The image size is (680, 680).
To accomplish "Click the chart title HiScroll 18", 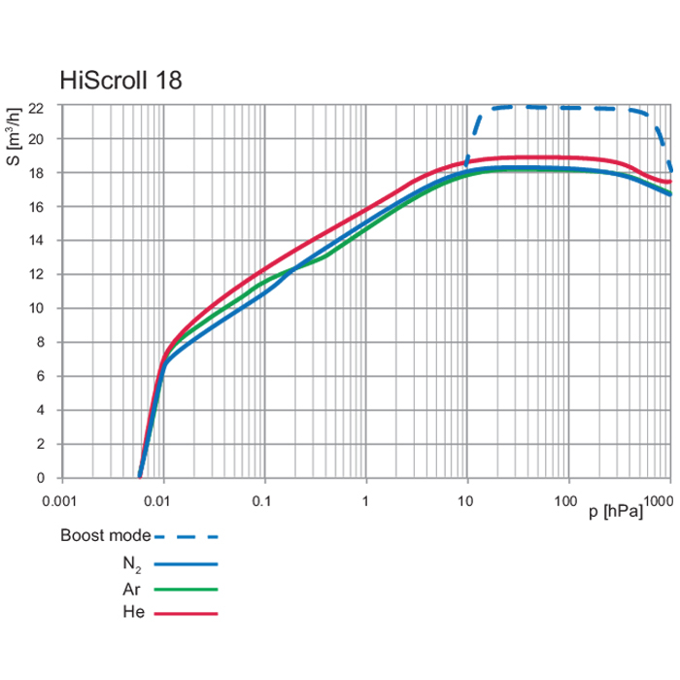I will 120,80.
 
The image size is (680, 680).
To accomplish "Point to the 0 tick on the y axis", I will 39,478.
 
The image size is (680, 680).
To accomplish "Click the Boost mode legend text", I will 105,535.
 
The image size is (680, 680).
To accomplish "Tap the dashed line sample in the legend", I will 187,536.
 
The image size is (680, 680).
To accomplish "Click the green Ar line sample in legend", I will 187,589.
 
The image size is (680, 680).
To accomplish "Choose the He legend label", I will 135,614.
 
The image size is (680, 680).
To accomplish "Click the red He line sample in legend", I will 187,614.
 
